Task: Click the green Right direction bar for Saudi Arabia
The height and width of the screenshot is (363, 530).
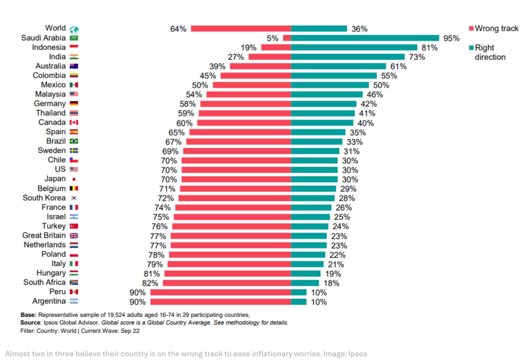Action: [x=365, y=38]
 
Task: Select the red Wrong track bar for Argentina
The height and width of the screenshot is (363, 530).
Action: [x=220, y=302]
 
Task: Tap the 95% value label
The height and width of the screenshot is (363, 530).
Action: [x=451, y=38]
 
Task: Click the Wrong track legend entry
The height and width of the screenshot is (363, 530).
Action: [x=493, y=28]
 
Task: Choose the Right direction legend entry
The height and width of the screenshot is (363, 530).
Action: [x=487, y=52]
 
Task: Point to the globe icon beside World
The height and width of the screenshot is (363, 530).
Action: [x=74, y=30]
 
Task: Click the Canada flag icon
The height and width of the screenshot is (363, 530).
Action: [x=74, y=123]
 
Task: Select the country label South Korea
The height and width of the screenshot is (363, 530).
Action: [x=44, y=198]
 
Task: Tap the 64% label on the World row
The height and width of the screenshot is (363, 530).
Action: [x=178, y=29]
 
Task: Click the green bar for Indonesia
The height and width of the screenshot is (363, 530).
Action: [x=354, y=47]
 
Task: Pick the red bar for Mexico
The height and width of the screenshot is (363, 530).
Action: [x=252, y=85]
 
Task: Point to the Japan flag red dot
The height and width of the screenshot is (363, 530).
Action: [x=74, y=179]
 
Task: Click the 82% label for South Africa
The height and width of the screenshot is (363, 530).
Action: [x=150, y=283]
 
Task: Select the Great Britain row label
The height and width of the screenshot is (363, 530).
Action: [x=44, y=235]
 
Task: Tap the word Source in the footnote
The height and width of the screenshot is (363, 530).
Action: [x=30, y=322]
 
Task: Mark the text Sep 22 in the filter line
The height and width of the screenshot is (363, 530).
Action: [x=130, y=331]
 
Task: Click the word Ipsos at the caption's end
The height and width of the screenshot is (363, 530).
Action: [x=357, y=354]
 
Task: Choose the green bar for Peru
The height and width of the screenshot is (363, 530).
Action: [x=299, y=292]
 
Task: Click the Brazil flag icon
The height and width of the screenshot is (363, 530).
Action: [x=74, y=141]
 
